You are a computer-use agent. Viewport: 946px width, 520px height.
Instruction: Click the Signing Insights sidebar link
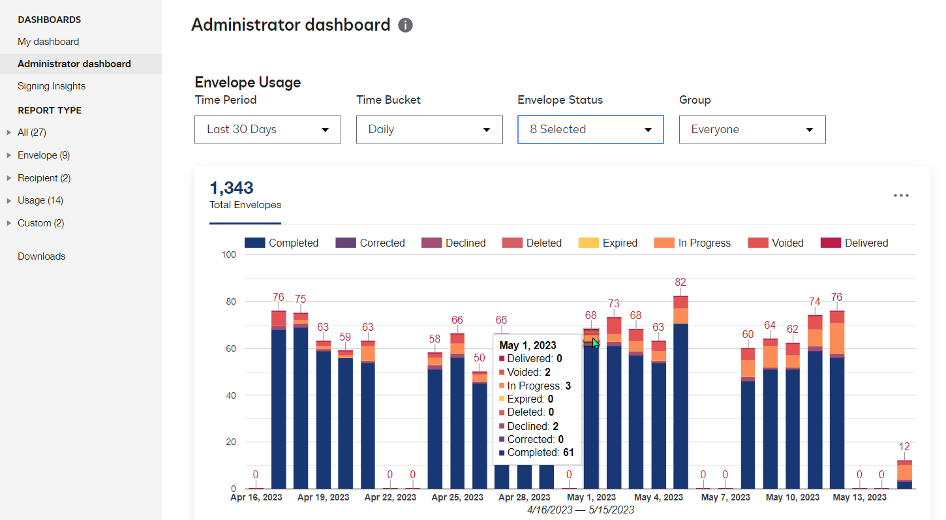coord(52,86)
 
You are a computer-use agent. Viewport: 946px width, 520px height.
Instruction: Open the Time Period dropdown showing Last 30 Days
coord(267,129)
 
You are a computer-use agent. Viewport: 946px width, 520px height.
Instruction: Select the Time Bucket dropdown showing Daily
coord(429,129)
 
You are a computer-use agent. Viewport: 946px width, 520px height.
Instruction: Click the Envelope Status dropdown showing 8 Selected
coord(590,129)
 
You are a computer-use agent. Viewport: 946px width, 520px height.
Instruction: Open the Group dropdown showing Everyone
coord(752,129)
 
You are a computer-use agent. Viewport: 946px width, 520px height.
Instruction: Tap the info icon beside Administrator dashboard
coord(405,25)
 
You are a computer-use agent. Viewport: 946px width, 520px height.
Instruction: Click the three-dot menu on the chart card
coord(901,196)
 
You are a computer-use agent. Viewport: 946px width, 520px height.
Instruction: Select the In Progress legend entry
coord(692,243)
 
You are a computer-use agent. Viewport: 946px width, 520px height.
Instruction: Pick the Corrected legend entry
coord(370,243)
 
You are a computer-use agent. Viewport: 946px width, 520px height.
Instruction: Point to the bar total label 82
coord(680,283)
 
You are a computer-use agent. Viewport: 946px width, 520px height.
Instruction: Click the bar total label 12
coord(904,447)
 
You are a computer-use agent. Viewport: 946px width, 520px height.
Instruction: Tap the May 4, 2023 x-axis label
coord(658,497)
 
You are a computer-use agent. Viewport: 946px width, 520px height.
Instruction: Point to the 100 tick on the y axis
coord(228,254)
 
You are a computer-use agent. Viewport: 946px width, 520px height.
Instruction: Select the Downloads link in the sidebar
coord(42,256)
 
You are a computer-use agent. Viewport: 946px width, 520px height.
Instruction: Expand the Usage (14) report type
coord(40,200)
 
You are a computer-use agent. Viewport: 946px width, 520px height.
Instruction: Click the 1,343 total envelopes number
coord(231,188)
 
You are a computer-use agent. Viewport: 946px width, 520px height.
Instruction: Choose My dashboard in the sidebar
coord(48,42)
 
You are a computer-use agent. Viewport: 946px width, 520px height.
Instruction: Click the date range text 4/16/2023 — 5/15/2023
coord(580,510)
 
